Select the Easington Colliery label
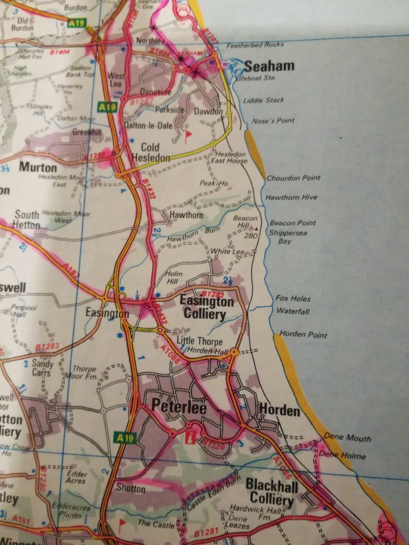(207, 308)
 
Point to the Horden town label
(279, 411)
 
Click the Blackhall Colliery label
(271, 492)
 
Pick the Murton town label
(38, 167)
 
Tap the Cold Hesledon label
(155, 153)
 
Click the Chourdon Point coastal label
(293, 178)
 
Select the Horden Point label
(303, 335)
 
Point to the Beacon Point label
(293, 223)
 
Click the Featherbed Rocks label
(254, 45)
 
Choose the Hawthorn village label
(186, 215)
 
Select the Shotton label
(131, 488)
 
